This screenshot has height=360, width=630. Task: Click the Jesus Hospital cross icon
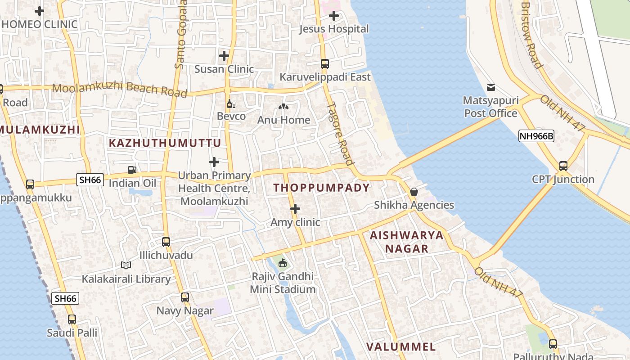334,16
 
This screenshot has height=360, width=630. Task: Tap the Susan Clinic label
224,69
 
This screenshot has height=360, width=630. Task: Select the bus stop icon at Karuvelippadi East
325,64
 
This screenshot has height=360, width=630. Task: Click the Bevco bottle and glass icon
231,104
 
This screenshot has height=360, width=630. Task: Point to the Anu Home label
283,120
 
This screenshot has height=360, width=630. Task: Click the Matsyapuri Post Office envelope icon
491,87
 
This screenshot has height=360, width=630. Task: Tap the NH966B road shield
536,136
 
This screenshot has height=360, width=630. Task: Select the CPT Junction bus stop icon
563,166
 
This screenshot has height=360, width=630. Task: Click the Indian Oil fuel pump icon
132,170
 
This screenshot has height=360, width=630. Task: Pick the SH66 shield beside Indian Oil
90,180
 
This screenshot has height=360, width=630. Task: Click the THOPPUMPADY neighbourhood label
321,188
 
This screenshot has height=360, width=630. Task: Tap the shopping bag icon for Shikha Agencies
414,192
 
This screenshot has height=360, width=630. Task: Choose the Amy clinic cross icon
295,209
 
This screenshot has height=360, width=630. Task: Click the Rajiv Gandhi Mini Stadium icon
283,263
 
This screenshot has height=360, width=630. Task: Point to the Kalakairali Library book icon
126,265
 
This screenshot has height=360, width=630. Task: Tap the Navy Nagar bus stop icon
185,297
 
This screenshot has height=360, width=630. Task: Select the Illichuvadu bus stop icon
166,242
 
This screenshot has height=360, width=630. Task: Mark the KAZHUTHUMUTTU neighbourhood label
165,143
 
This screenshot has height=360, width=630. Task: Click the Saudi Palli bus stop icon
72,319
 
